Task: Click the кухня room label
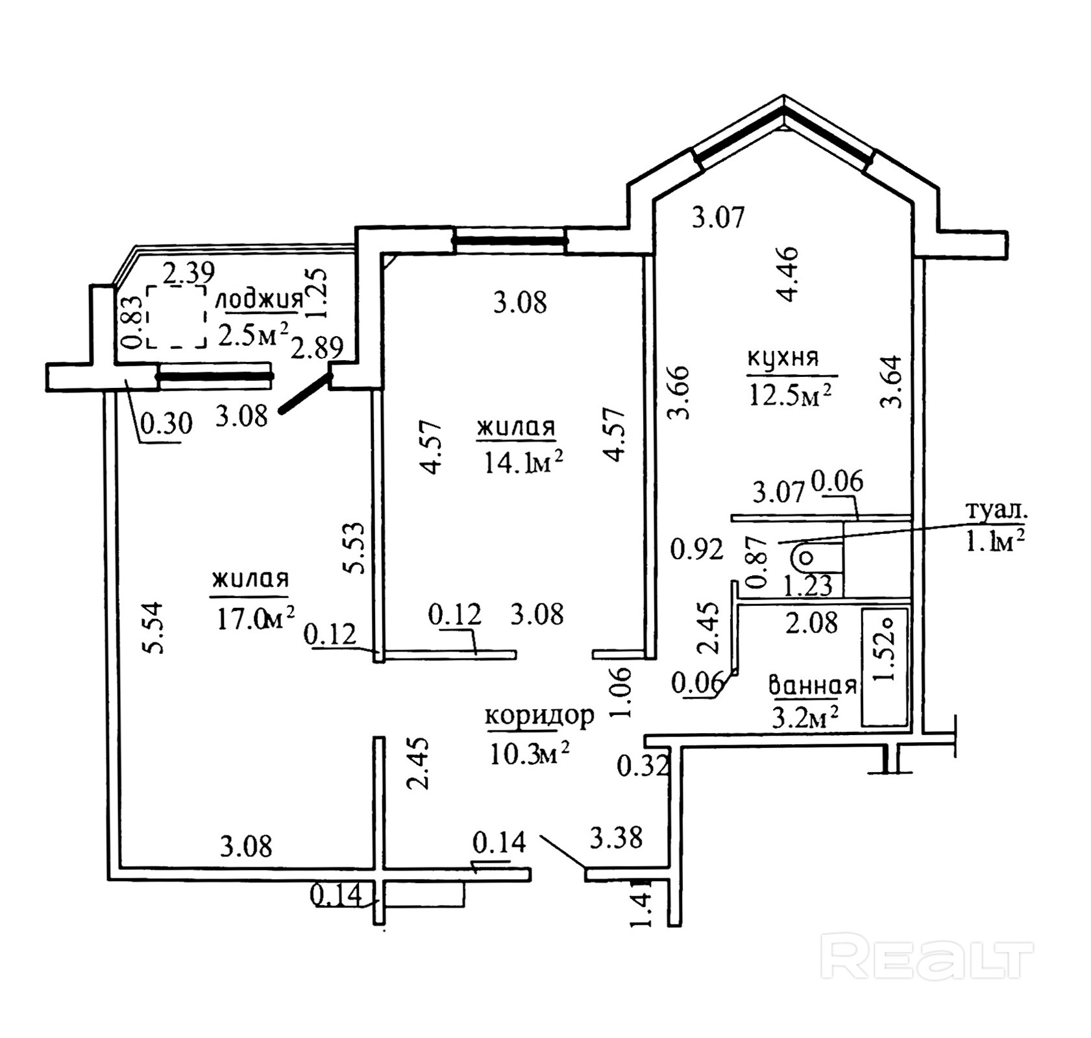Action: (x=783, y=358)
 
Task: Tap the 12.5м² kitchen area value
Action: (x=790, y=394)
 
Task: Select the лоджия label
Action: (x=259, y=300)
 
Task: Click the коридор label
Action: (x=539, y=716)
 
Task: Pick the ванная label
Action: (x=813, y=685)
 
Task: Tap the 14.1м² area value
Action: (x=523, y=463)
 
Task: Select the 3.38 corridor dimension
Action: (x=616, y=837)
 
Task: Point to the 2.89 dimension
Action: (x=317, y=348)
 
